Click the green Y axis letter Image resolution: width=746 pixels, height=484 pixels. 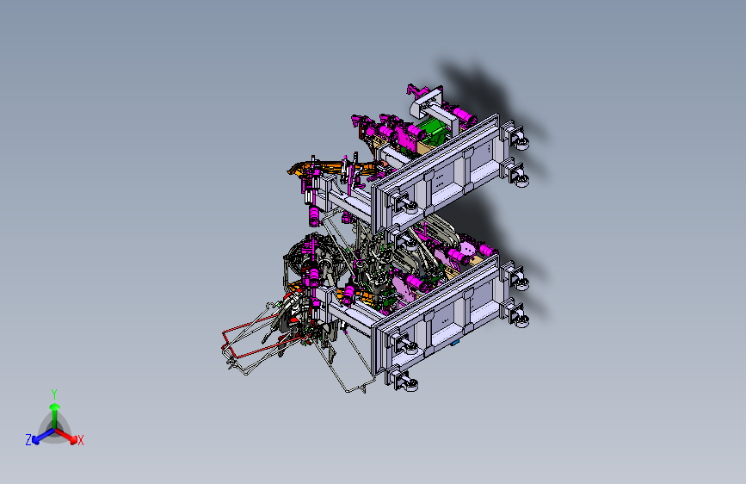coord(54,394)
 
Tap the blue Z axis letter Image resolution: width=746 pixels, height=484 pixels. coord(28,440)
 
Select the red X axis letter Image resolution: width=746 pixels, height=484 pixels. coord(80,441)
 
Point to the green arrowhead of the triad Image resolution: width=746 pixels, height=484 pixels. coord(55,407)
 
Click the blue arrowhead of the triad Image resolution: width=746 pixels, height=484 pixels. coord(35,440)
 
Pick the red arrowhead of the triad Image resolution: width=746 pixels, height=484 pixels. coord(73,439)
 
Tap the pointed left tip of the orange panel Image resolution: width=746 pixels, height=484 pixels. coord(288,171)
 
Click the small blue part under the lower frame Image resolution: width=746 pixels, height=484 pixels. coord(454,343)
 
